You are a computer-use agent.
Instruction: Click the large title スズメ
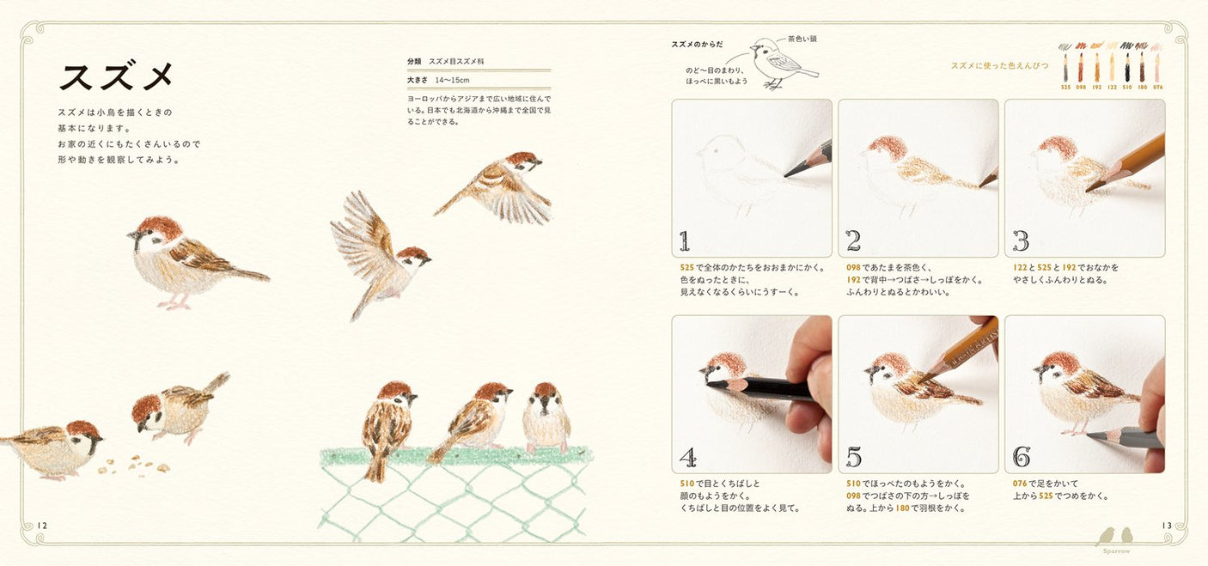click(117, 76)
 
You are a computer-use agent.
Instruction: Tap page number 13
click(1166, 526)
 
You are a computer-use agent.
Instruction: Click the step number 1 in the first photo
click(685, 240)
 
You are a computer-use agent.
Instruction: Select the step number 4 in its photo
click(686, 457)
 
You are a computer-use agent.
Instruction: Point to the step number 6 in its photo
click(1021, 457)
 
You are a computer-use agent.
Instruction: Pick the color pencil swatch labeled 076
click(1157, 68)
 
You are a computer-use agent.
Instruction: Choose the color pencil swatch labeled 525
click(1065, 68)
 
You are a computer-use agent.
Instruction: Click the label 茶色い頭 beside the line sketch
click(802, 40)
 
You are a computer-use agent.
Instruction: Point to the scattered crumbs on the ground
click(133, 465)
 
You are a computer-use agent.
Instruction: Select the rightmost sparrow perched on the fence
click(546, 417)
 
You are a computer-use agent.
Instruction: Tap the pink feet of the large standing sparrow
click(175, 302)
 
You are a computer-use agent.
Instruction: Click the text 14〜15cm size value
click(452, 79)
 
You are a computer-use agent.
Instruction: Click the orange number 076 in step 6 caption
click(1022, 484)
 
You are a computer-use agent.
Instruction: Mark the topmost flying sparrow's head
click(522, 161)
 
